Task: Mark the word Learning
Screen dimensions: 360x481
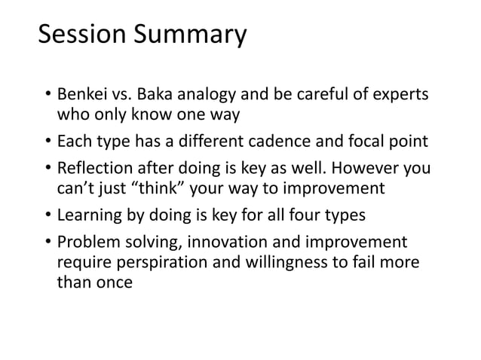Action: click(89, 215)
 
